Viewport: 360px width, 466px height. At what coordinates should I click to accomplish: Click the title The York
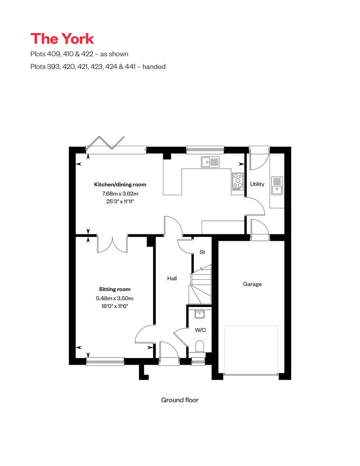62,39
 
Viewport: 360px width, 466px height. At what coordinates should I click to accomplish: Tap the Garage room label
252,284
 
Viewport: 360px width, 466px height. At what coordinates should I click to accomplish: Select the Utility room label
257,184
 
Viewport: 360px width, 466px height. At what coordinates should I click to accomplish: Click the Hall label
172,278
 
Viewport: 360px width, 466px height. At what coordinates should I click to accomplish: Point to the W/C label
200,330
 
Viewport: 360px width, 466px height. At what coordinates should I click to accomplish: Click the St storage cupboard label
202,252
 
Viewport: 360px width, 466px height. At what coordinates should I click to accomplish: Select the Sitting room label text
115,289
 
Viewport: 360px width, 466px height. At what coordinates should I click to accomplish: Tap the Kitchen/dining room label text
120,184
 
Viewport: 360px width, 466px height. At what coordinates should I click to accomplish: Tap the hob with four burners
238,181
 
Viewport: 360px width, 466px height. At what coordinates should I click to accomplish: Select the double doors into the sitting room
112,244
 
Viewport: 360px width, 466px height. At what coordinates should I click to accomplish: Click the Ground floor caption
180,400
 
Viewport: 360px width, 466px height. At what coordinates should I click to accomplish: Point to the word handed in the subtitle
154,67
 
